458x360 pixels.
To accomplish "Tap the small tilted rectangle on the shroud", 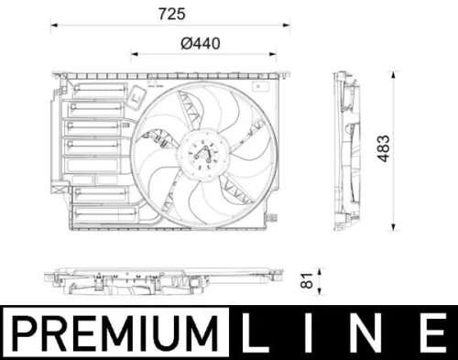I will click(139, 95).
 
